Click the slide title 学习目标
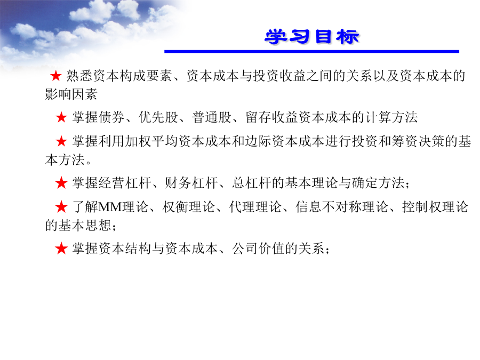click(312, 37)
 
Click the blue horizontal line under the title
click(311, 51)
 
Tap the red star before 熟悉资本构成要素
click(55, 76)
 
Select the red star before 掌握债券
click(61, 117)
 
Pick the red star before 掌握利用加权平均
click(61, 141)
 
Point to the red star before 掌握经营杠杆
click(61, 183)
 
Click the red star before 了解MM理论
click(61, 206)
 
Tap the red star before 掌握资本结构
click(61, 248)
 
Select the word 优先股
click(158, 117)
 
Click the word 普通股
click(212, 117)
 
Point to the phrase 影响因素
click(71, 94)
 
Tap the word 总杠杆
click(251, 183)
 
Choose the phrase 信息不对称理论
click(342, 206)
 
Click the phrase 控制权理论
click(435, 206)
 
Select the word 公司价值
click(258, 248)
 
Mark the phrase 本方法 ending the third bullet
click(65, 160)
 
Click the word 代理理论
click(255, 206)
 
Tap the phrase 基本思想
click(78, 225)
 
